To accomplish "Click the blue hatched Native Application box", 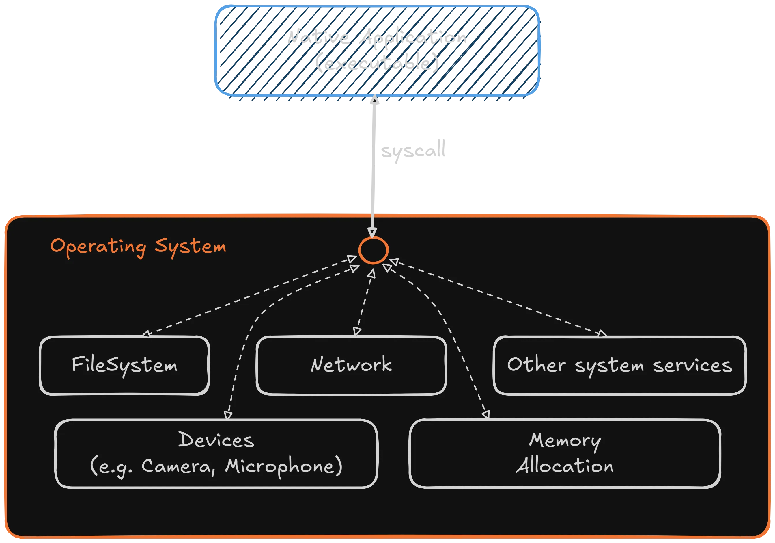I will (376, 51).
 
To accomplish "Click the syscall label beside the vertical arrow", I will (412, 150).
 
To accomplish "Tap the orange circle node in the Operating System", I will (373, 250).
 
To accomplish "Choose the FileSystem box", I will (124, 365).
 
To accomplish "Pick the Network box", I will (351, 365).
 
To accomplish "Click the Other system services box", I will (619, 365).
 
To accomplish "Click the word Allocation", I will (565, 466).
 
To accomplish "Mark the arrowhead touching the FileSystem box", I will (146, 334).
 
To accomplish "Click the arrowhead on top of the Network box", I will (357, 332).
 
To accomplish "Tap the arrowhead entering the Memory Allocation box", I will (486, 415).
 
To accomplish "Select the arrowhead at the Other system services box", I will (602, 334).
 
